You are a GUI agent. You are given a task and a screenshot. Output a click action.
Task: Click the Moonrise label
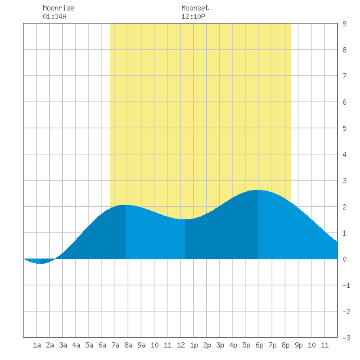(58, 8)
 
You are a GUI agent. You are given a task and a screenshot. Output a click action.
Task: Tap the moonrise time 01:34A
(54, 16)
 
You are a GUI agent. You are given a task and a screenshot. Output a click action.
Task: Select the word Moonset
(195, 8)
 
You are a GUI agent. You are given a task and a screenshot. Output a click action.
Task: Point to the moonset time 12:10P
(193, 16)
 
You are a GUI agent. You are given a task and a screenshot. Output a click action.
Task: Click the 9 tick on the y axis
(344, 24)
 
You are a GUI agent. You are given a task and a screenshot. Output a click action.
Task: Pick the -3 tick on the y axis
(346, 338)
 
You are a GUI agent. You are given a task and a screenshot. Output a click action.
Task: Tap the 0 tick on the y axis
(344, 259)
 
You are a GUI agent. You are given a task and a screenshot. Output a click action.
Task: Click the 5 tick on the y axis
(344, 128)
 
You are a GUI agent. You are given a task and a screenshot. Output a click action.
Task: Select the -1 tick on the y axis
(346, 285)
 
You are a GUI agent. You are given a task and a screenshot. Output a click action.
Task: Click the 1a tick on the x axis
(37, 345)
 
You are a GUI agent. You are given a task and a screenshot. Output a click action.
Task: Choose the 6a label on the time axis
(102, 345)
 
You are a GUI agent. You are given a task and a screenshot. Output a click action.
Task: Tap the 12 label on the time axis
(181, 345)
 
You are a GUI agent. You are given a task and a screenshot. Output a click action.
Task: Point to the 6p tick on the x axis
(259, 345)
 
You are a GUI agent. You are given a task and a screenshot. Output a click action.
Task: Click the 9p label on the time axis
(298, 345)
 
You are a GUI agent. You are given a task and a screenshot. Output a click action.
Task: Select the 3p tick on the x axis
(220, 345)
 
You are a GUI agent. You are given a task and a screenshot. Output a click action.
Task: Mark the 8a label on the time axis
(128, 345)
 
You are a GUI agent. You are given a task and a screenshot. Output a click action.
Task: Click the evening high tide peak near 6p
(258, 190)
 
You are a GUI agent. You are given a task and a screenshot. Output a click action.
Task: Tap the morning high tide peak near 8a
(126, 205)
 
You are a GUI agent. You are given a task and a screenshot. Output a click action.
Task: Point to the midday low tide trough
(185, 219)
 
